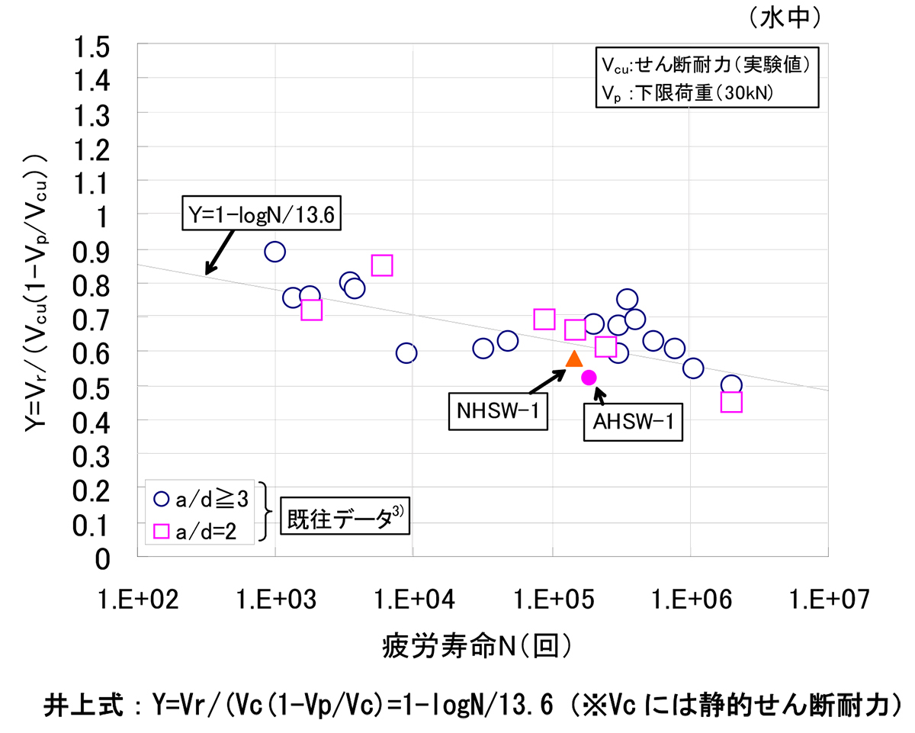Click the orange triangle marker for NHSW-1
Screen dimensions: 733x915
click(x=574, y=359)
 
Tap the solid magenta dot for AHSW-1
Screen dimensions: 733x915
click(x=589, y=377)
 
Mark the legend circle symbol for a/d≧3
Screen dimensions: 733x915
click(x=161, y=499)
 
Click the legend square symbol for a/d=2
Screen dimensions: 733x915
click(x=161, y=530)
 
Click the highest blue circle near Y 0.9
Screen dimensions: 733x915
click(x=274, y=252)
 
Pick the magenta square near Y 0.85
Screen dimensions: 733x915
click(x=382, y=265)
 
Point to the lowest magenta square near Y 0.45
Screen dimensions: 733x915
click(x=731, y=402)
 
